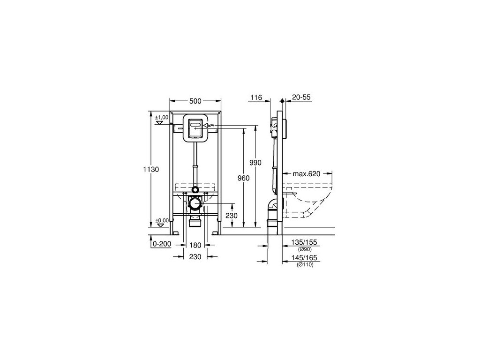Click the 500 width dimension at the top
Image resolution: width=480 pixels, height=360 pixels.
(195, 101)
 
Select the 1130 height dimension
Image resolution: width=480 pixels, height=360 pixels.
(151, 169)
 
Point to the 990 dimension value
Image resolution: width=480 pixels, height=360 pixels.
(255, 163)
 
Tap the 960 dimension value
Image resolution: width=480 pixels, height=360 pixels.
(244, 178)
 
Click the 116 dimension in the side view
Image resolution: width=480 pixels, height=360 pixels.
(256, 97)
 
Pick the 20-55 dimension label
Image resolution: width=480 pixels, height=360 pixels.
(301, 97)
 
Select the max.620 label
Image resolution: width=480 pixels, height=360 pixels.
(307, 174)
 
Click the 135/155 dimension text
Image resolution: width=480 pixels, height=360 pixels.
(304, 242)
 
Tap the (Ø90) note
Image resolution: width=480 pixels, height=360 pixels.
(305, 249)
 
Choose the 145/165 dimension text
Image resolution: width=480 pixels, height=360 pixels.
(304, 258)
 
